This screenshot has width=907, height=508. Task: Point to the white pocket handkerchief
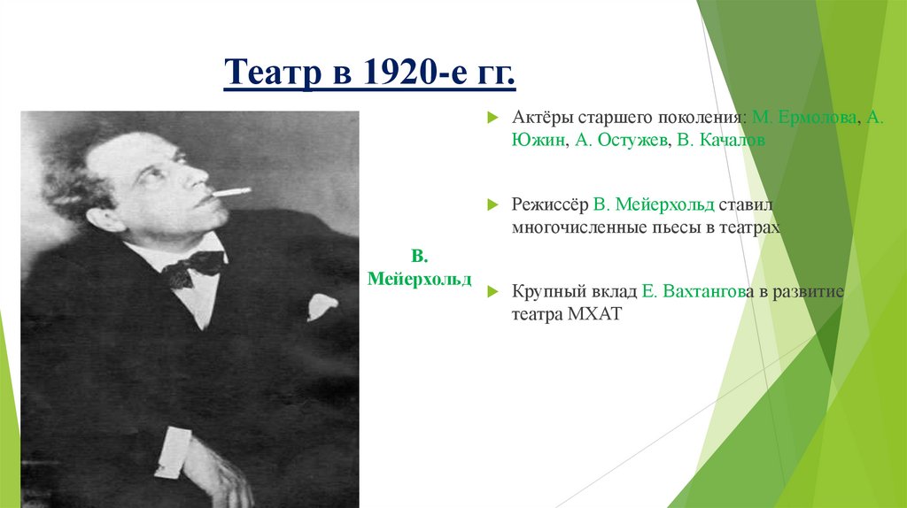[x=322, y=306]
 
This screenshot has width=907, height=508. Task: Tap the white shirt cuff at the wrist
[x=173, y=451]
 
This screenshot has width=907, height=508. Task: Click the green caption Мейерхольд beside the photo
[x=420, y=279]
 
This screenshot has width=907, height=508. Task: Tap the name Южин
[x=534, y=141]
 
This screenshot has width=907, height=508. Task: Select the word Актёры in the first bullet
[x=541, y=118]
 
